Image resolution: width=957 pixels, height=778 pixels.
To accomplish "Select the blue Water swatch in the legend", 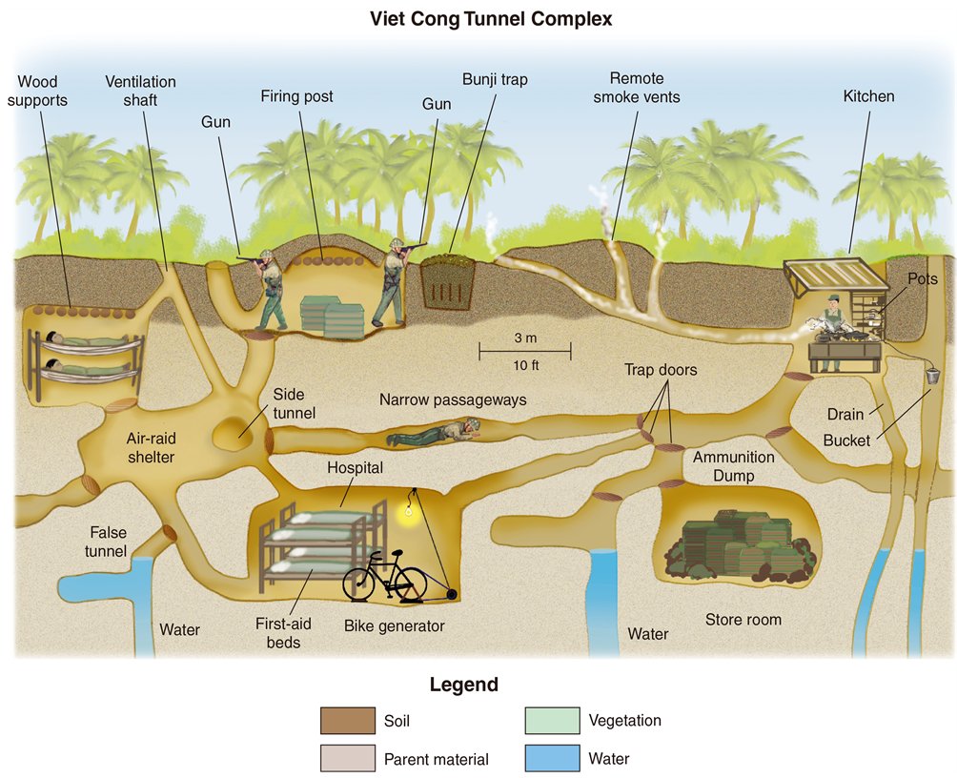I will pos(552,758).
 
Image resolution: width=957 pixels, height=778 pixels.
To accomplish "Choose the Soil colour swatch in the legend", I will pos(348,720).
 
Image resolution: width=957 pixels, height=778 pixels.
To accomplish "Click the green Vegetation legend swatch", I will pos(552,720).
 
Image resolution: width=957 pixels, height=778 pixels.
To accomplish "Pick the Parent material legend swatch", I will pos(348,758).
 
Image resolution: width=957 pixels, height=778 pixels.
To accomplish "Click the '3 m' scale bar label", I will pos(524,338).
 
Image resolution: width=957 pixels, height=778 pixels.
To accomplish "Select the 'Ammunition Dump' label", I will pos(733,466).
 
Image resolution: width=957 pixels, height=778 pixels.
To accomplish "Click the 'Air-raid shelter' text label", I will pos(151,448).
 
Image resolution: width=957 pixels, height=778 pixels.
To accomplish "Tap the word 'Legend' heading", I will pos(463,685).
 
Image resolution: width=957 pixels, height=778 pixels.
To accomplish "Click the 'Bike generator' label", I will pos(395,626).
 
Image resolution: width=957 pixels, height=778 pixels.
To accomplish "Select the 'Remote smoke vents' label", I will pos(637,87).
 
